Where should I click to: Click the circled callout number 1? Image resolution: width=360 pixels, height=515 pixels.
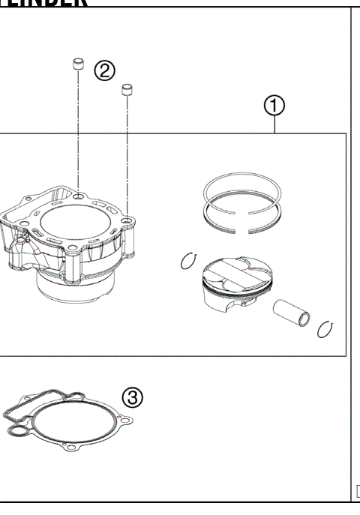tap(275, 108)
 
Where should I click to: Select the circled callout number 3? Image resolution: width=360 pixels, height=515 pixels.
tap(132, 397)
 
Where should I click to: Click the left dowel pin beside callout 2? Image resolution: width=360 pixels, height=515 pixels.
tap(76, 64)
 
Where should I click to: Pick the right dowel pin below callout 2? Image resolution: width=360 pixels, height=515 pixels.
tap(127, 91)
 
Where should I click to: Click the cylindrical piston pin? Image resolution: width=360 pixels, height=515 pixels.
tap(293, 311)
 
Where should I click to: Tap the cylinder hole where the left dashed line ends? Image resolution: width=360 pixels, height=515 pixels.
tap(78, 196)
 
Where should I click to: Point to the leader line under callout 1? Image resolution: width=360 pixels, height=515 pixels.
tap(275, 125)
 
